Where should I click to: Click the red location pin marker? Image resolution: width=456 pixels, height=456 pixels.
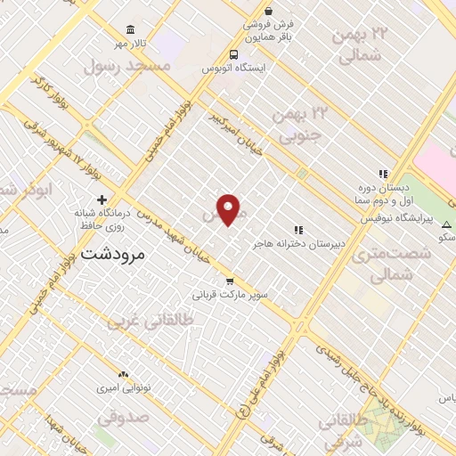(x=229, y=209)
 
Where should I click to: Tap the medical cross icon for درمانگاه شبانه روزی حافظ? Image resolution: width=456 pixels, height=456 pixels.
(x=102, y=199)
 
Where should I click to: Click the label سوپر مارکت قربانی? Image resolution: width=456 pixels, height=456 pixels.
(x=231, y=294)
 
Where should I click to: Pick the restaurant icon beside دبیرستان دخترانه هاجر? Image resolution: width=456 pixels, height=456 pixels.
(x=298, y=230)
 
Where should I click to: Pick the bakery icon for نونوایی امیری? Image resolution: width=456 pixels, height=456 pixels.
(x=123, y=375)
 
